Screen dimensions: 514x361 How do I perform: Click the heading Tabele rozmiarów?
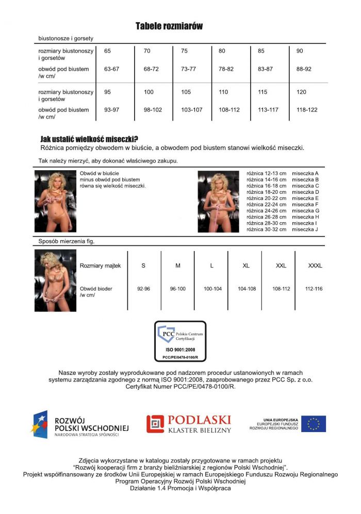pyautogui.click(x=169, y=26)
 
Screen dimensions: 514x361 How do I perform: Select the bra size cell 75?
pyautogui.click(x=184, y=51)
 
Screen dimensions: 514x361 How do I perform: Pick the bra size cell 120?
pyautogui.click(x=301, y=92)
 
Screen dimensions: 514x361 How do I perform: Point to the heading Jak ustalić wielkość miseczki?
pyautogui.click(x=89, y=139)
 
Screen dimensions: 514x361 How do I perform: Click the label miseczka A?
pyautogui.click(x=305, y=174)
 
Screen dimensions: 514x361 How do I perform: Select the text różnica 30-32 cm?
pyautogui.click(x=266, y=229)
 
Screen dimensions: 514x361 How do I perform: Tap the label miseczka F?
pyautogui.click(x=305, y=205)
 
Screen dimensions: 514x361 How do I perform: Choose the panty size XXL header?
pyautogui.click(x=281, y=266)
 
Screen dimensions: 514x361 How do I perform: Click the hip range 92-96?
pyautogui.click(x=143, y=289)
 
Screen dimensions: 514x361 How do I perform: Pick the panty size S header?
pyautogui.click(x=143, y=266)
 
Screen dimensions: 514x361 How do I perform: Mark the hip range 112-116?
pyautogui.click(x=314, y=289)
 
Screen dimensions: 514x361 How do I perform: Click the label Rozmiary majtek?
pyautogui.click(x=100, y=266)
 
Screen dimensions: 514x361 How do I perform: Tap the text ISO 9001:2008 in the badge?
pyautogui.click(x=180, y=350)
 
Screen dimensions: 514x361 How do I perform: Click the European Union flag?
pyautogui.click(x=314, y=424)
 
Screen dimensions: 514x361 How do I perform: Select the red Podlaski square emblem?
pyautogui.click(x=155, y=424)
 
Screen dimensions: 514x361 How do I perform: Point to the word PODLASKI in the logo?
pyautogui.click(x=199, y=420)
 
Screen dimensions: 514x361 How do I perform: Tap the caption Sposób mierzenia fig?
pyautogui.click(x=67, y=241)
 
